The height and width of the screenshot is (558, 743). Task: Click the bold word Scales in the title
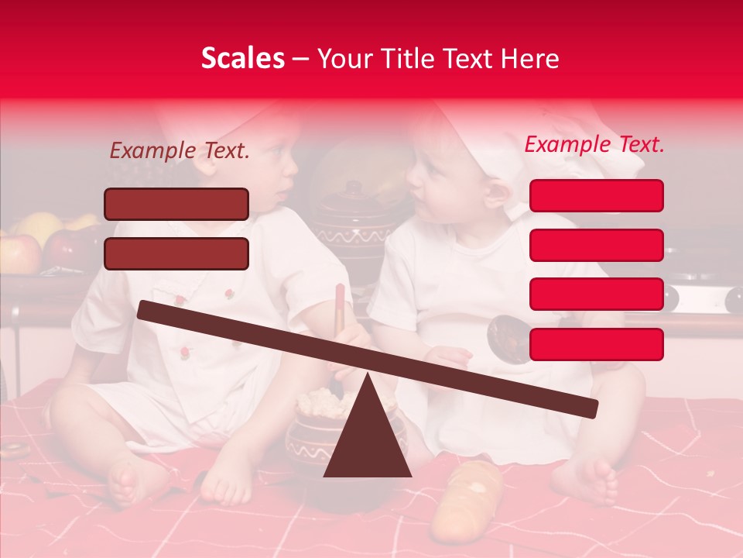pyautogui.click(x=242, y=59)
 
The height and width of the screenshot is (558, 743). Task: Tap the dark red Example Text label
pyautogui.click(x=180, y=151)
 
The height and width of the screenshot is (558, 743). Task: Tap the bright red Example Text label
pyautogui.click(x=594, y=144)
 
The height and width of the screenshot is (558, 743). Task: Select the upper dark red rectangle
pyautogui.click(x=176, y=204)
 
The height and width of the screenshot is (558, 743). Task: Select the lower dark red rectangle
pyautogui.click(x=176, y=253)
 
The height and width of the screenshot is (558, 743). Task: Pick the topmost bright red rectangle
pyautogui.click(x=596, y=195)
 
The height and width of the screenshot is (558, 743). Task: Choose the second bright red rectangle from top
pyautogui.click(x=596, y=245)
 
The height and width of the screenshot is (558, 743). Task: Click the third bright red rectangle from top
pyautogui.click(x=596, y=294)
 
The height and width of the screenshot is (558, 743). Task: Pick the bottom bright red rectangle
pyautogui.click(x=596, y=344)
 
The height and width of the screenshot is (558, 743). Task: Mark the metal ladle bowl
pyautogui.click(x=508, y=339)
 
